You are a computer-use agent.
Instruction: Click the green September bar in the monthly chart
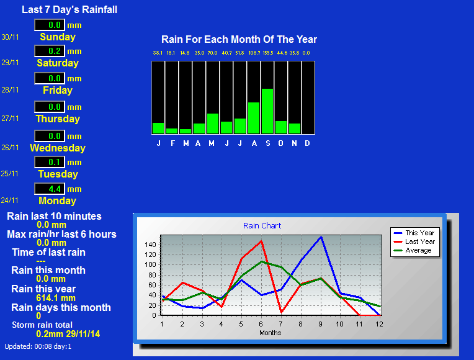267,111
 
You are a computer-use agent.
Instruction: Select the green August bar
254,118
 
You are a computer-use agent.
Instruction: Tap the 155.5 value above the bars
268,53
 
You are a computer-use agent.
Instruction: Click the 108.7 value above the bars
254,53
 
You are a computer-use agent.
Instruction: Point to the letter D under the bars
307,143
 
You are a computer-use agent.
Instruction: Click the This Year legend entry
414,233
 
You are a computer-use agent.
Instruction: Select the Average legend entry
413,251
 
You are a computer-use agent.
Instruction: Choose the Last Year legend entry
414,241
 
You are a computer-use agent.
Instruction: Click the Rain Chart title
262,226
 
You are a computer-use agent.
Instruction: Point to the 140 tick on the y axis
150,245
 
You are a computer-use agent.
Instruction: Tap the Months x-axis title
271,333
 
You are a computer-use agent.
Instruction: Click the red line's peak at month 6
261,241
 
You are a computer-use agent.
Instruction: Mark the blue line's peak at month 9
321,237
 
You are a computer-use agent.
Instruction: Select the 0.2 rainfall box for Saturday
50,51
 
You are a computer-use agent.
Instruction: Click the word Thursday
58,119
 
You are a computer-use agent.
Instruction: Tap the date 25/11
10,174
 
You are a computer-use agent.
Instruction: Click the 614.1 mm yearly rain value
56,298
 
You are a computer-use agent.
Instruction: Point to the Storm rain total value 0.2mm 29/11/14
68,334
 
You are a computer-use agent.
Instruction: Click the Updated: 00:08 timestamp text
38,347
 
